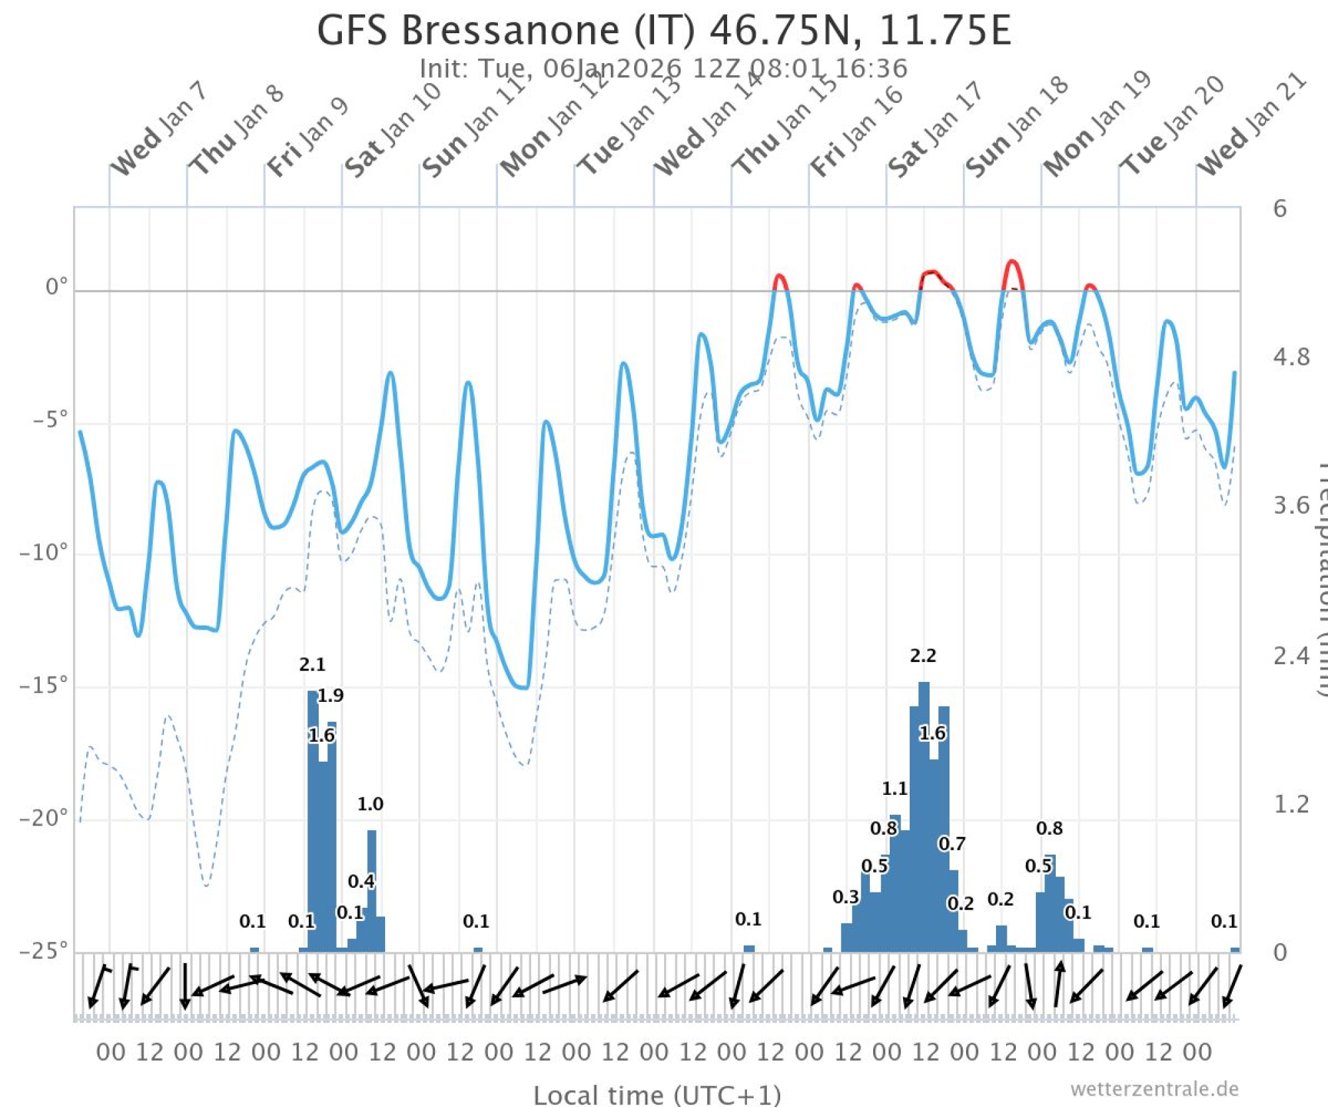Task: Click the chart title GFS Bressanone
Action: click(664, 31)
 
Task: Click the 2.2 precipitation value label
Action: click(923, 656)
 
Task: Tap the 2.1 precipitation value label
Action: click(312, 665)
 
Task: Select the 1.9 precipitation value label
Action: click(330, 696)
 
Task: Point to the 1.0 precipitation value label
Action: click(370, 804)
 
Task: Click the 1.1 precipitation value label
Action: click(894, 789)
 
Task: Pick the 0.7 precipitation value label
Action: click(952, 844)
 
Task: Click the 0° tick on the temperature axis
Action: click(56, 287)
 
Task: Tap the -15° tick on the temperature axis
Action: click(44, 685)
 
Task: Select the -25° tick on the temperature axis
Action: click(44, 951)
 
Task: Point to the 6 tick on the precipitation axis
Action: click(1280, 209)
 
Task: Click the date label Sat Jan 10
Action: click(392, 131)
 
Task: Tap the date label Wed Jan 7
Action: click(158, 131)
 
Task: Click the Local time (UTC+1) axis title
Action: click(657, 1094)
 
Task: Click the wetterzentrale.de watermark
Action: click(1154, 1089)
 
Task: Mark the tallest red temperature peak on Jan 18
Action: click(1012, 261)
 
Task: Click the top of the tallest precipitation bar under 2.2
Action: click(924, 683)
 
